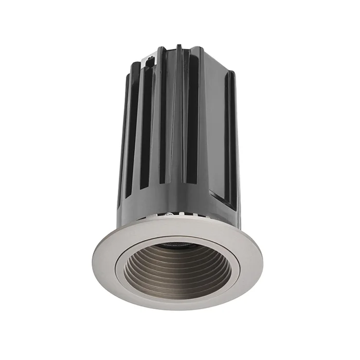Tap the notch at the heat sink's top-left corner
tap(150, 60)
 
